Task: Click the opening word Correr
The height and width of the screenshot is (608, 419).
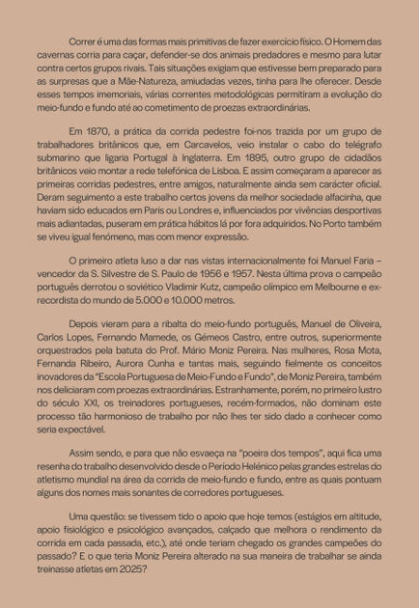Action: tap(83, 43)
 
